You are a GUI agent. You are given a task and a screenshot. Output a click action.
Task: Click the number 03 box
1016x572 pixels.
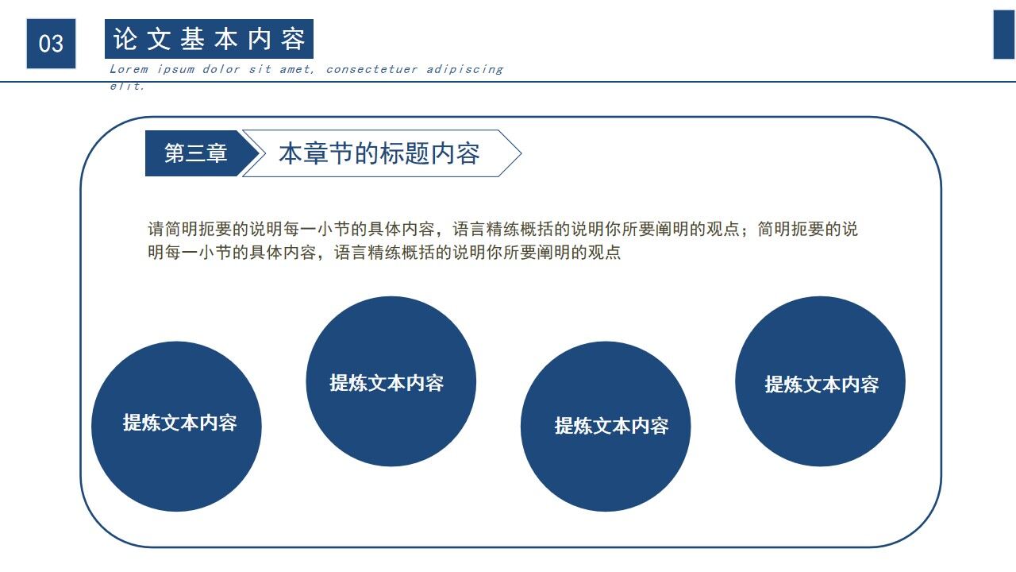(x=51, y=43)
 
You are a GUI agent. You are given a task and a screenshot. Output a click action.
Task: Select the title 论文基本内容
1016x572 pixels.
(x=209, y=39)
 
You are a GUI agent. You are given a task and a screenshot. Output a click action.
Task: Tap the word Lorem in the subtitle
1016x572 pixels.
(x=129, y=69)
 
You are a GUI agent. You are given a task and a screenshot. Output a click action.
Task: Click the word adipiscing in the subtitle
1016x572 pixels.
(x=464, y=69)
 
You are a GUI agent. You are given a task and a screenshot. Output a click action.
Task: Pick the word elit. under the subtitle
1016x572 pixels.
(x=127, y=86)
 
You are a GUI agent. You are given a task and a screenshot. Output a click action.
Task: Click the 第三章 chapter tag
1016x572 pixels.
(x=195, y=153)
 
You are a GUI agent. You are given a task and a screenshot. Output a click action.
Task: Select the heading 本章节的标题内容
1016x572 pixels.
(x=379, y=153)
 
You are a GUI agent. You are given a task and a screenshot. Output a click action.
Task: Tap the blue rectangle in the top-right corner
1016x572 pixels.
(x=1004, y=35)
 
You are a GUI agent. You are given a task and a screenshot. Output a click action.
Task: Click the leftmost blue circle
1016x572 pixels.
(x=176, y=427)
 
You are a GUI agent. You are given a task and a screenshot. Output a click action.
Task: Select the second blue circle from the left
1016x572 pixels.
(x=391, y=381)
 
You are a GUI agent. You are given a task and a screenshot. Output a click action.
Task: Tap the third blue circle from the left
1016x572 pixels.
(x=606, y=427)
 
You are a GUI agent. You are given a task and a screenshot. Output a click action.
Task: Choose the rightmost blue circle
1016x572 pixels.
(x=820, y=381)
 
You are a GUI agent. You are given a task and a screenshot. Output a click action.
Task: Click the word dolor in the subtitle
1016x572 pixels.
(x=221, y=69)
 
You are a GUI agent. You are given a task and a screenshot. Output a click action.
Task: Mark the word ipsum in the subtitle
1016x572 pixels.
(x=175, y=69)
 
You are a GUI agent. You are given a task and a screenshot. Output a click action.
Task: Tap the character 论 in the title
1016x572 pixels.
(x=124, y=39)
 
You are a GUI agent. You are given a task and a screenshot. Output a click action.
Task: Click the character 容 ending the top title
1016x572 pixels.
(x=293, y=39)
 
